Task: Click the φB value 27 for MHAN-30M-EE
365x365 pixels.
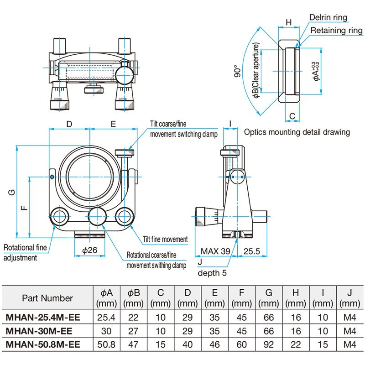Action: tap(133, 330)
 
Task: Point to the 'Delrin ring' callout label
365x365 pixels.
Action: tap(328, 18)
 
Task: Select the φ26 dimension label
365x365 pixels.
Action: tap(90, 250)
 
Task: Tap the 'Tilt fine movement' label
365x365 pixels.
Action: tap(165, 239)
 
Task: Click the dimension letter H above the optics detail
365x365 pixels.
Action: tap(288, 22)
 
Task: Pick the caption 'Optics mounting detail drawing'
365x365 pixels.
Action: tap(297, 132)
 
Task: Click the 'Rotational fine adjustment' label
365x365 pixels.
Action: tap(26, 253)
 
